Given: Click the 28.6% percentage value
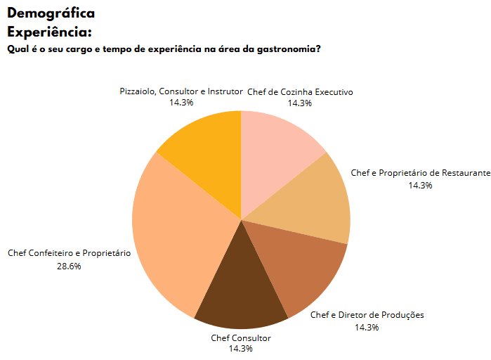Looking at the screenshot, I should [x=69, y=266].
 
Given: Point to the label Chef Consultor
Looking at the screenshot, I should [x=241, y=338].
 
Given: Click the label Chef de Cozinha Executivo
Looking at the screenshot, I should [x=300, y=92].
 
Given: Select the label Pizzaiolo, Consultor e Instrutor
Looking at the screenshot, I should [x=181, y=91].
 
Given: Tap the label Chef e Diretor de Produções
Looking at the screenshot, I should [x=367, y=315].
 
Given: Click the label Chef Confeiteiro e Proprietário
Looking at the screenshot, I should [x=69, y=253].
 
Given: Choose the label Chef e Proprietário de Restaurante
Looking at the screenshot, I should [x=420, y=172].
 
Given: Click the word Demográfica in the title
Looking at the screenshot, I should [x=51, y=13].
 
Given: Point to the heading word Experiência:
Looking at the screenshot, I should [x=49, y=32].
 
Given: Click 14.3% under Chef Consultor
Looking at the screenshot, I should [x=241, y=349].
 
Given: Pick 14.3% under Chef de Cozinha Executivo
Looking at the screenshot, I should [x=300, y=103].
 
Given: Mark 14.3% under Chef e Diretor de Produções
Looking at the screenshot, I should [x=367, y=327].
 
